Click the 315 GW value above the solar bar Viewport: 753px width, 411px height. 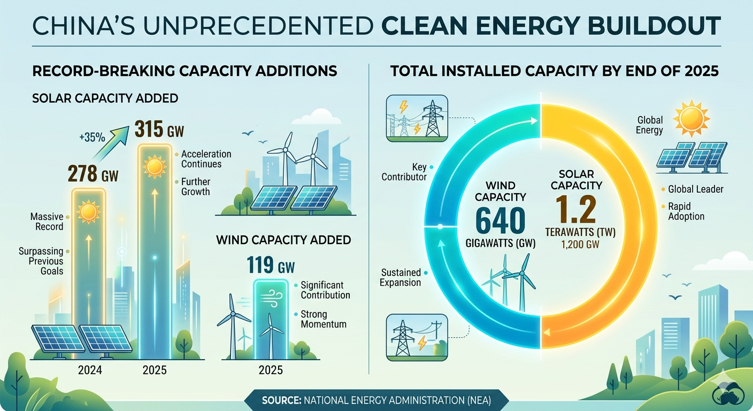coord(159,130)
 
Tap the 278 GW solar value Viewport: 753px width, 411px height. coord(93,173)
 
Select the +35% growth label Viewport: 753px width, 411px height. coord(92,138)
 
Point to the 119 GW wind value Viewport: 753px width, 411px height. coord(271,265)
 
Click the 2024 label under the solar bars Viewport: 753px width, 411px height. coord(90,370)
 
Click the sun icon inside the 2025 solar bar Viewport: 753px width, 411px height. coord(155,166)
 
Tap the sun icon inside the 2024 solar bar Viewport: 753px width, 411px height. coord(88,212)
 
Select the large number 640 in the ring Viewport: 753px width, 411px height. coord(501,221)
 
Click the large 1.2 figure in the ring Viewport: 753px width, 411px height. coord(576,210)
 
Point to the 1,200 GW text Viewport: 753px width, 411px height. coord(580,244)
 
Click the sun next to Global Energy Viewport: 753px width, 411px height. coord(691,118)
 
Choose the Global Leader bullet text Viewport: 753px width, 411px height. coord(696,189)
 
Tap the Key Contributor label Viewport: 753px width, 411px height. coord(404,172)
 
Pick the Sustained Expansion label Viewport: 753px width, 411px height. coord(401,277)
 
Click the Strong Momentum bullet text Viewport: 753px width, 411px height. coord(324,319)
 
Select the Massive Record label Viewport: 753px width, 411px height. coord(47,222)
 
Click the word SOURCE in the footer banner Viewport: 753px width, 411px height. coord(281,401)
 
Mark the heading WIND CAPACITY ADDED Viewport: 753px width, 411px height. coord(284,240)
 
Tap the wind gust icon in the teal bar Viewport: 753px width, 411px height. coord(271,299)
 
